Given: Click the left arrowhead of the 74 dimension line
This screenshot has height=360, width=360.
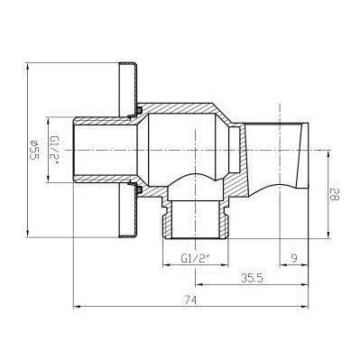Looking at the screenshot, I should [x=76, y=306].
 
